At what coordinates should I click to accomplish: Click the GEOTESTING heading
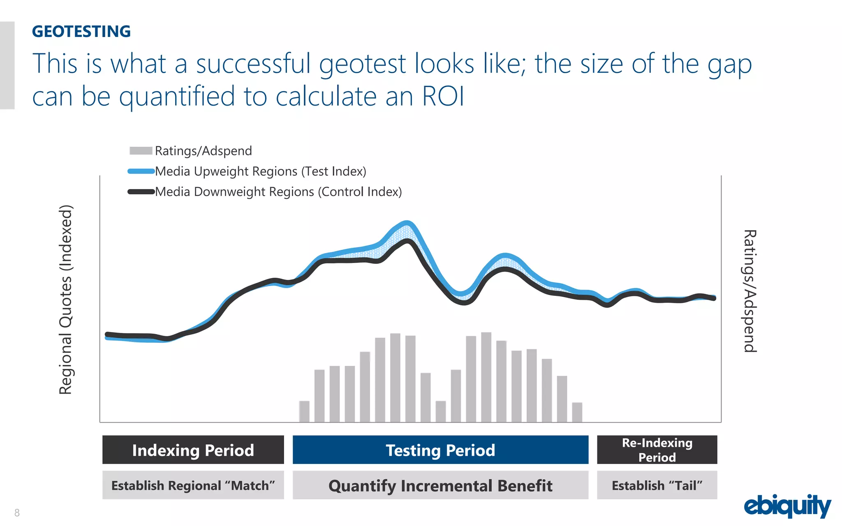81,32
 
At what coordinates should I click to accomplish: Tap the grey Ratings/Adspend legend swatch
141,151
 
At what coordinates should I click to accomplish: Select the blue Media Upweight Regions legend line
141,171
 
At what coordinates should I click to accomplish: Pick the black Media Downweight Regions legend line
141,191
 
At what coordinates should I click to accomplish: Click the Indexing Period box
193,450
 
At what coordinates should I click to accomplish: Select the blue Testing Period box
440,450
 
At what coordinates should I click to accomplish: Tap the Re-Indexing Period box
657,450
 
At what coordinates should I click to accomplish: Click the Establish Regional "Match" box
193,485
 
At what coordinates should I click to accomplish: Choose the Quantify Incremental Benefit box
440,485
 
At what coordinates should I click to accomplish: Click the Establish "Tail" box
657,485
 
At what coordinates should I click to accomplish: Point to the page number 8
17,512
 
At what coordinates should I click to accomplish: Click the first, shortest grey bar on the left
304,411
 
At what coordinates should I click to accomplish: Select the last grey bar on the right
577,412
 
